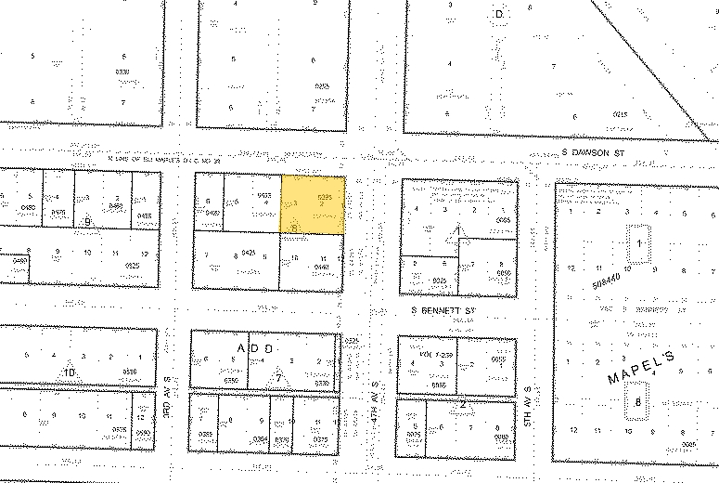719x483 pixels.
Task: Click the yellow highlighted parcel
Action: (x=313, y=204)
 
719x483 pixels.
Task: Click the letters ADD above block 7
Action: (x=256, y=347)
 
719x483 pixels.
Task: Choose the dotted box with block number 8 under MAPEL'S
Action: (x=638, y=402)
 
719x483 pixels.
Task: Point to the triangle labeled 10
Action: (x=69, y=372)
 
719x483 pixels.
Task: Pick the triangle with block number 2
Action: (x=461, y=403)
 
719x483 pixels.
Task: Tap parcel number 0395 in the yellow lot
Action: (x=324, y=197)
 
